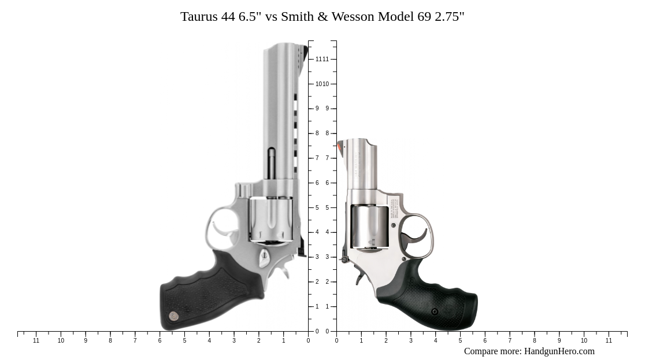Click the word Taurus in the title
tap(199, 16)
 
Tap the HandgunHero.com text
tap(559, 351)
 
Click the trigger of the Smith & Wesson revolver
tap(417, 236)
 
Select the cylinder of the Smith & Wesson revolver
tap(369, 227)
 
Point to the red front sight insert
tap(340, 147)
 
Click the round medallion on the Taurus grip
tap(173, 316)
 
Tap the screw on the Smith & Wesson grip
tap(435, 311)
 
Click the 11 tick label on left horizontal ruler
tap(36, 341)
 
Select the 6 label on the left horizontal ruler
tap(160, 341)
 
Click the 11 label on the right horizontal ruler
tap(609, 341)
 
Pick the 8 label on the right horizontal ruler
tap(534, 341)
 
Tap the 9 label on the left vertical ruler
tap(317, 109)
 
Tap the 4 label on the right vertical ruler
tap(327, 232)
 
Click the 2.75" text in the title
tap(449, 16)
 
